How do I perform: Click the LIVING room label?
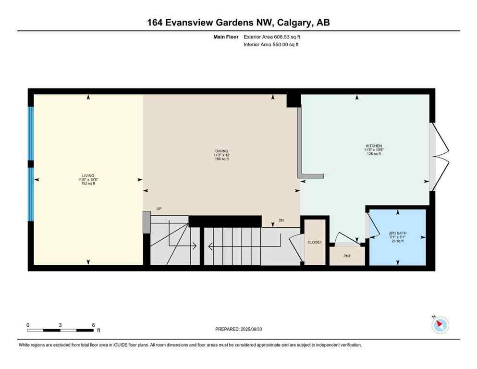tap(88, 175)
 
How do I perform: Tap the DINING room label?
tap(221, 150)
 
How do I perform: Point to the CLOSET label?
tap(315, 242)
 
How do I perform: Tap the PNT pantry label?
tap(347, 256)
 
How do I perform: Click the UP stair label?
tap(159, 209)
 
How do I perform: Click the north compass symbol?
tap(440, 325)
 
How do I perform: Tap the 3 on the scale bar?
tap(60, 325)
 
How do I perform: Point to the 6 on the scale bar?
tap(93, 325)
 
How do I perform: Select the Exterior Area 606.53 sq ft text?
tap(272, 37)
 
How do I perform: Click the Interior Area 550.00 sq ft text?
tap(271, 45)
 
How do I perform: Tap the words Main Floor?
tap(226, 37)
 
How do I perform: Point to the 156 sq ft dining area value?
tap(221, 159)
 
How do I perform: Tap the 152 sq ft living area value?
tap(88, 184)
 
